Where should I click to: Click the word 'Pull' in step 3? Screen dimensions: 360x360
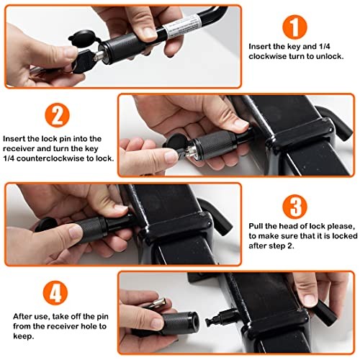[x=258, y=225]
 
